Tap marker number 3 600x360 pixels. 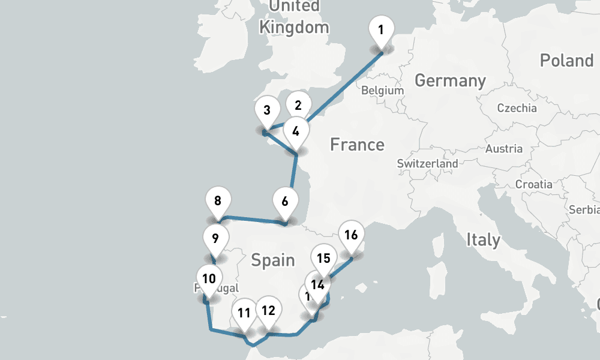(267, 112)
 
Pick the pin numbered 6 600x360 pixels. (285, 201)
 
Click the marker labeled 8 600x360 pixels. (218, 201)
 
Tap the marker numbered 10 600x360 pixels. (209, 278)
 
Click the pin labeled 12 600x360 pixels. (268, 310)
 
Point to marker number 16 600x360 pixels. (352, 235)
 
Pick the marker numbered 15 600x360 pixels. (324, 259)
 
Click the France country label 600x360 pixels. (357, 145)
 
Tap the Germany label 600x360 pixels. (450, 80)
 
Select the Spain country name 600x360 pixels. (272, 260)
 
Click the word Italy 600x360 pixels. (483, 239)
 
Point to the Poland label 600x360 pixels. (566, 61)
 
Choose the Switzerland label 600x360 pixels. (427, 163)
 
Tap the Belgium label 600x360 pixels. (382, 90)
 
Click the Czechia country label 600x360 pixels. (517, 108)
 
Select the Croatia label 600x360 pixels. (533, 184)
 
